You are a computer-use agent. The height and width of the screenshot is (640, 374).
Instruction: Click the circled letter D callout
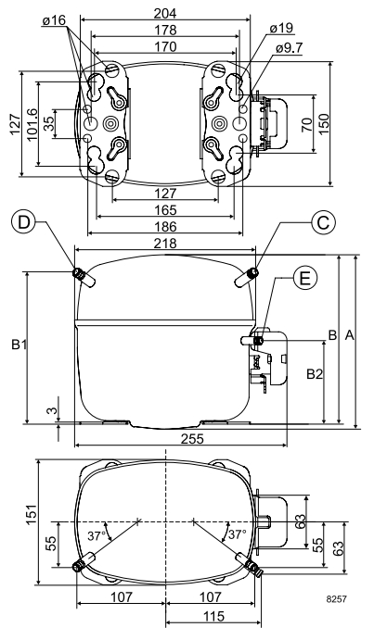24,223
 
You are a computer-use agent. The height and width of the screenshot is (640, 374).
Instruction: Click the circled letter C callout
323,223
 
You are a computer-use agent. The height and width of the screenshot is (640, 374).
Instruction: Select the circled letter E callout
304,278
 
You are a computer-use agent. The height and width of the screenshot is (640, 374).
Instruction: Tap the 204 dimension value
165,13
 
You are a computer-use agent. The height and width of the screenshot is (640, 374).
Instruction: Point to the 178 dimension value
165,30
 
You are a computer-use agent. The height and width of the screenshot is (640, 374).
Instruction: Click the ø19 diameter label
281,28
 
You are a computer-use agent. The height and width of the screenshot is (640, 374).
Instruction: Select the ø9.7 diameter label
289,48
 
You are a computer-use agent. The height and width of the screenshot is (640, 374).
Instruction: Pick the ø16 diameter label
53,20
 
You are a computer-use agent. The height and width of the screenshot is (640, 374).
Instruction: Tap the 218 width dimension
165,244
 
